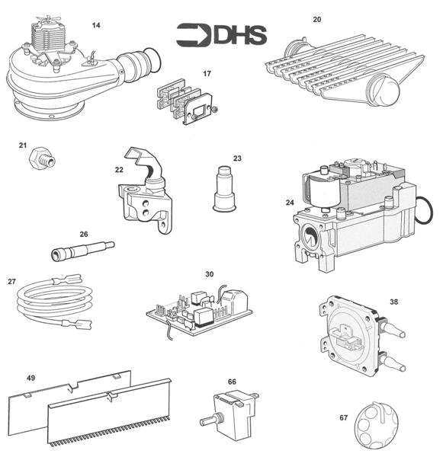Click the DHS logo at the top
pos(221,34)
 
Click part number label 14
pos(96,25)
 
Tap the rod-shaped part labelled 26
pos(84,249)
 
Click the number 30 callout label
pos(209,273)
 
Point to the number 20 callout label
pos(317,18)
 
